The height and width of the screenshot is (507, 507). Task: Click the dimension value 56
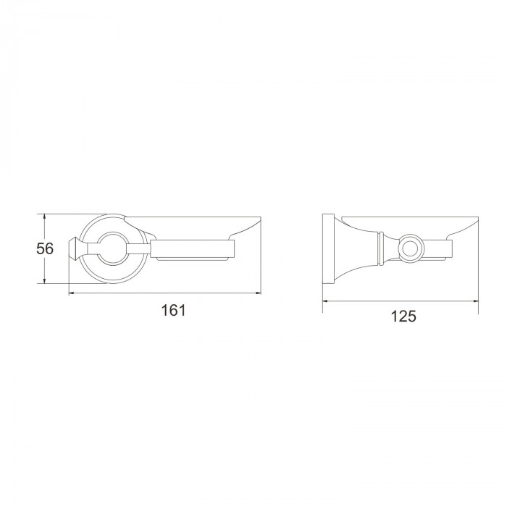45,248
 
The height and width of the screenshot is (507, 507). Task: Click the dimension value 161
174,311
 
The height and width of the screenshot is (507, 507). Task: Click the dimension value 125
404,317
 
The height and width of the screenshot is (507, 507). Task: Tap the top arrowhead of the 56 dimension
45,217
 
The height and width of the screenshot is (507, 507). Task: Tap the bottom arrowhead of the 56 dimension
45,281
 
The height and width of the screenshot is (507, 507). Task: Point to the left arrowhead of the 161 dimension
72,293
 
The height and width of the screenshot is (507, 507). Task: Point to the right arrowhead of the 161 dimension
258,293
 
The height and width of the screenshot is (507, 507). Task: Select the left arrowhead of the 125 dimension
326,301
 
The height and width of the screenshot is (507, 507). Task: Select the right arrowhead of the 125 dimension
475,301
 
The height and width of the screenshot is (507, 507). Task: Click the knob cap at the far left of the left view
75,248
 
